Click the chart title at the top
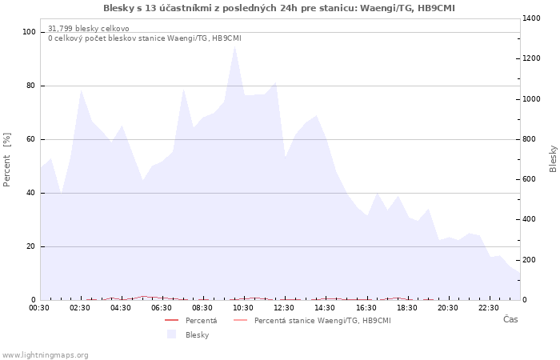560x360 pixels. tap(280, 8)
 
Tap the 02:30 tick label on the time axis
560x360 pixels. tap(80, 307)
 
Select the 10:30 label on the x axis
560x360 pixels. tap(243, 307)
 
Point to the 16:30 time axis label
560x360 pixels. tap(366, 307)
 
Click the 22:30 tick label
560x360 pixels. tap(489, 307)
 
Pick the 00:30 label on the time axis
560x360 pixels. tap(39, 307)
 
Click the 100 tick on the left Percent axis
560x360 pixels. tap(30, 32)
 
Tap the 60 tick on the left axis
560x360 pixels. tap(31, 139)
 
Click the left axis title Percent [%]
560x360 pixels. tap(7, 159)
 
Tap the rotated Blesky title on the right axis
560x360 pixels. tap(553, 158)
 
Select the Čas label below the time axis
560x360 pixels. tap(510, 319)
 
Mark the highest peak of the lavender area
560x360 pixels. tap(234, 46)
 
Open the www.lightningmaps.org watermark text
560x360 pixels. tap(46, 354)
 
